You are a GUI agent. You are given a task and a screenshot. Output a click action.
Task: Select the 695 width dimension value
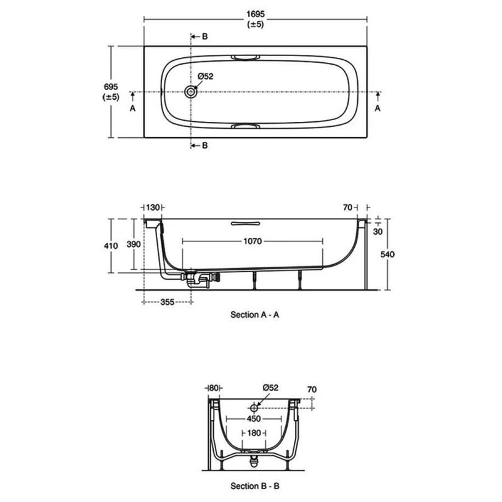coord(111,87)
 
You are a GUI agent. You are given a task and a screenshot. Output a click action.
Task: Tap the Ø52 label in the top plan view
coord(205,76)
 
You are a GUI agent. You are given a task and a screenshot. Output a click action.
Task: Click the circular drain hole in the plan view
coord(191,92)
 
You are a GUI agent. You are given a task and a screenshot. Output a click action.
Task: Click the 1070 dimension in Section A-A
coord(253,242)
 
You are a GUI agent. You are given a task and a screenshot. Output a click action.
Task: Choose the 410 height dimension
coord(111,246)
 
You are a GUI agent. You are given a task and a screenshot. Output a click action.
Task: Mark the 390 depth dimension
coord(134,244)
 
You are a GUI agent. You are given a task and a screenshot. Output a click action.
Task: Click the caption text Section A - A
coord(255,314)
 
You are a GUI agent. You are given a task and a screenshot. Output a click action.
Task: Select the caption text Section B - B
coord(255,486)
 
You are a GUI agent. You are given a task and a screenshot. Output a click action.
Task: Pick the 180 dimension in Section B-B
coord(254,434)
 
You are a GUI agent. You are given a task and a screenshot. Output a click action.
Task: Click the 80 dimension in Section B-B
coord(214,388)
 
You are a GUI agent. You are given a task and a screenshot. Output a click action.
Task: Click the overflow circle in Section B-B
coord(254,408)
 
